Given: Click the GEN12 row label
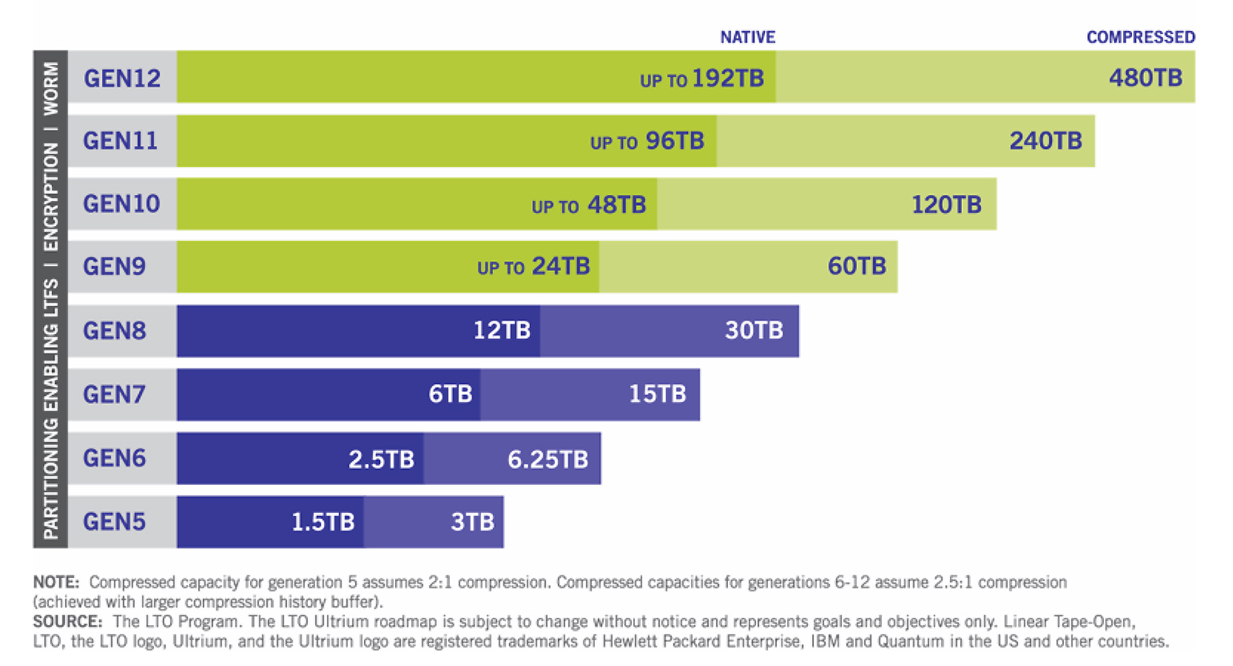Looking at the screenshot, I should click(122, 78).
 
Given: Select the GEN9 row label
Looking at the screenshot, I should click(114, 266).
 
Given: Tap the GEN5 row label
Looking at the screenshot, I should click(114, 522).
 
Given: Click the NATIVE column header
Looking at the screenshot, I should click(747, 37).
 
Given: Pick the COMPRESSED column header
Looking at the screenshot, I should click(1140, 37).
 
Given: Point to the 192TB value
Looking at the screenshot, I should click(727, 79).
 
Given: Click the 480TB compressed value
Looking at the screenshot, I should click(1145, 78).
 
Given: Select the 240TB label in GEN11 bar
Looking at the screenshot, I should click(1045, 141).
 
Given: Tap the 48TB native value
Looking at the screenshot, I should click(616, 205).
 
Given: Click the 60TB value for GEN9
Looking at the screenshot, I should click(856, 266).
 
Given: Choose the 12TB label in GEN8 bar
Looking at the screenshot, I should click(501, 330).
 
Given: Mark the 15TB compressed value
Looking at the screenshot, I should click(657, 394).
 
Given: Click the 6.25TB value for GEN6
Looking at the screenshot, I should click(548, 459).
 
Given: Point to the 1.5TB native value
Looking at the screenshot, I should click(322, 523).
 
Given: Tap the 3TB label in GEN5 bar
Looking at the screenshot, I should click(472, 523).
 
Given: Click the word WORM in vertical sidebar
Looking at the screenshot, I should click(51, 88).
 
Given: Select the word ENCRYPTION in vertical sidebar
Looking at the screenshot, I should click(51, 196).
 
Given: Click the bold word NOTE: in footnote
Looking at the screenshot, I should click(56, 583).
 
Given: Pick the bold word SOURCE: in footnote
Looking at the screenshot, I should click(67, 622).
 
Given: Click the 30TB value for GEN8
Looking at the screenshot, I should click(754, 330).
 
